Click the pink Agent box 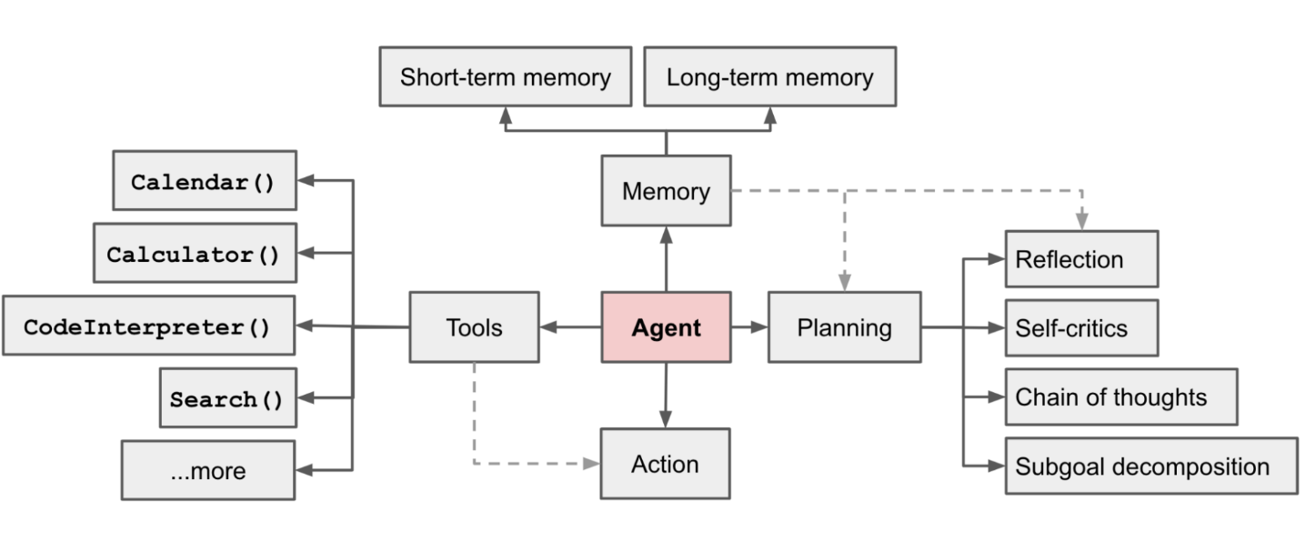pos(666,327)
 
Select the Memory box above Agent pos(666,191)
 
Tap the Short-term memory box pos(505,77)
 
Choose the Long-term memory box pos(769,77)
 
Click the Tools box pos(474,327)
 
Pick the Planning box pos(844,327)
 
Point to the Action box pos(665,464)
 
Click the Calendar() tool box pos(204,181)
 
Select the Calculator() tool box pos(195,253)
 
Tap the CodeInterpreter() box pos(148,326)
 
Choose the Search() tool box pos(227,398)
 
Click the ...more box pos(207,471)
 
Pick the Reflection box pos(1081,259)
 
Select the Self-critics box pos(1081,327)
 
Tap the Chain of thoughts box pos(1120,396)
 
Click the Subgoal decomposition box pos(1150,467)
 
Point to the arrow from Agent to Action pos(666,395)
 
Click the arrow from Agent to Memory pos(666,259)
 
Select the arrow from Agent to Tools pos(570,327)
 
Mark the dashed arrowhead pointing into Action pos(591,464)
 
